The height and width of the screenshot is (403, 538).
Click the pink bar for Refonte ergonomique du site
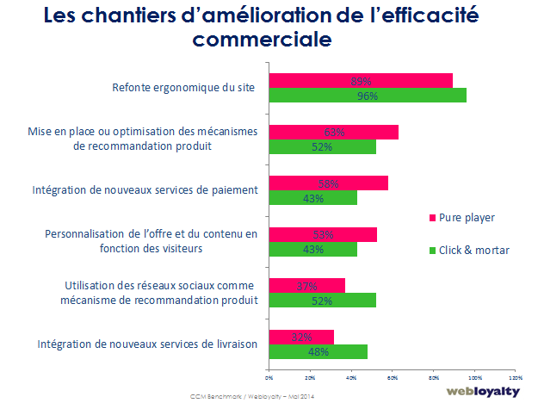pyautogui.click(x=361, y=80)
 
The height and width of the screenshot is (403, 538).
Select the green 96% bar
pyautogui.click(x=368, y=95)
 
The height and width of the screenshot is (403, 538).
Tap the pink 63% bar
pyautogui.click(x=334, y=132)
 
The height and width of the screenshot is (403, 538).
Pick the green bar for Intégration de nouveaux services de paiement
pyautogui.click(x=312, y=198)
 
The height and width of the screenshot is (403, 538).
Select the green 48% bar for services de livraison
pyautogui.click(x=318, y=351)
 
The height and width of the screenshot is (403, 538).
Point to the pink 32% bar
pyautogui.click(x=301, y=337)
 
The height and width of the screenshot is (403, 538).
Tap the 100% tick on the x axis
pyautogui.click(x=473, y=377)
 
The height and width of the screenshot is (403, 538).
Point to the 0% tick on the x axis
pyautogui.click(x=269, y=377)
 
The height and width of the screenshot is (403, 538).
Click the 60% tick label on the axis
pyautogui.click(x=392, y=377)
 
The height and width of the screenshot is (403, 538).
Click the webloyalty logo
pyautogui.click(x=484, y=391)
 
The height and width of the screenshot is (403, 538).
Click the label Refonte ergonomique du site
pyautogui.click(x=184, y=88)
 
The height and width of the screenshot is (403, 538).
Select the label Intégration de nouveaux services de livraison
pyautogui.click(x=146, y=344)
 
